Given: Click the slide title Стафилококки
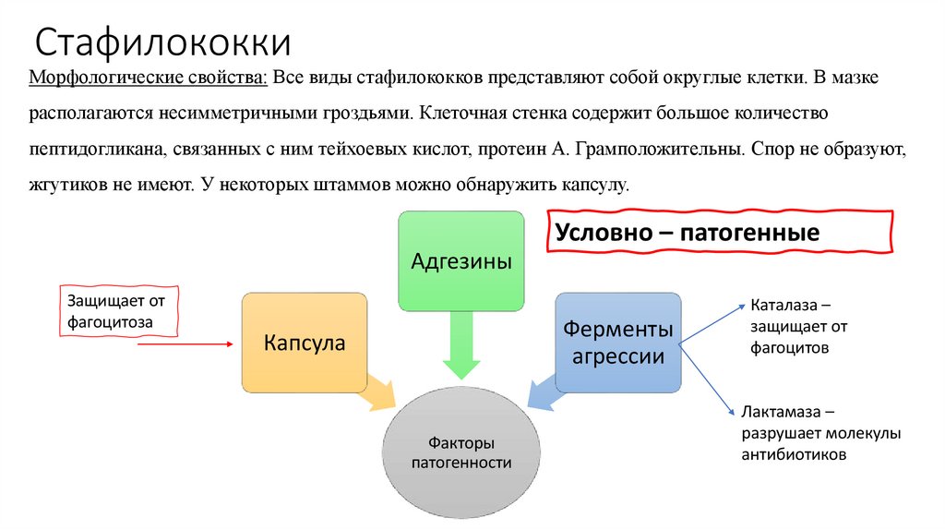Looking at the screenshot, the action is [x=164, y=43].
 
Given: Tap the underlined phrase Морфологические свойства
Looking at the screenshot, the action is [x=150, y=80].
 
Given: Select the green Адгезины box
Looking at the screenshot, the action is [x=461, y=261].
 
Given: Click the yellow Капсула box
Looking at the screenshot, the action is [x=305, y=343].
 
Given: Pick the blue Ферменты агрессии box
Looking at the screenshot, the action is [x=618, y=343].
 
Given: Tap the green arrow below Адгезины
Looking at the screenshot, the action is [x=461, y=344].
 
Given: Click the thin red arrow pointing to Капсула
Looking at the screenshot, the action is [x=185, y=344].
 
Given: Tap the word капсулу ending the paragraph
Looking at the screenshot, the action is [x=597, y=185].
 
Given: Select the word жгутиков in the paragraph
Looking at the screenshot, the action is [x=62, y=185].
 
